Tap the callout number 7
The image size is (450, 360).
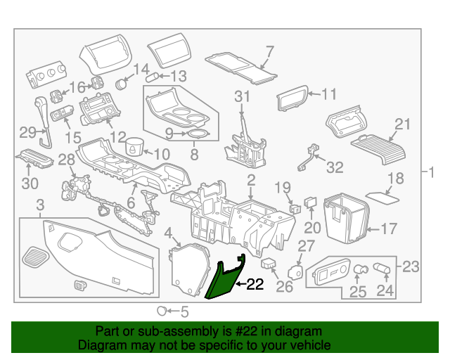[269, 51]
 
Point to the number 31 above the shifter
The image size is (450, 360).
[242, 96]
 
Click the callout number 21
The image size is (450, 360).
[401, 124]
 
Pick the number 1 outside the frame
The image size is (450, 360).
[433, 172]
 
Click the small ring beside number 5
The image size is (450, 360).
[162, 310]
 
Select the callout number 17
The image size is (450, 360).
[389, 229]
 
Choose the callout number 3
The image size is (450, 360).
[40, 205]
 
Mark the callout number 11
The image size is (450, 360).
[329, 93]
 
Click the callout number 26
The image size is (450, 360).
[283, 286]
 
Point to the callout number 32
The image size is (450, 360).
[335, 167]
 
